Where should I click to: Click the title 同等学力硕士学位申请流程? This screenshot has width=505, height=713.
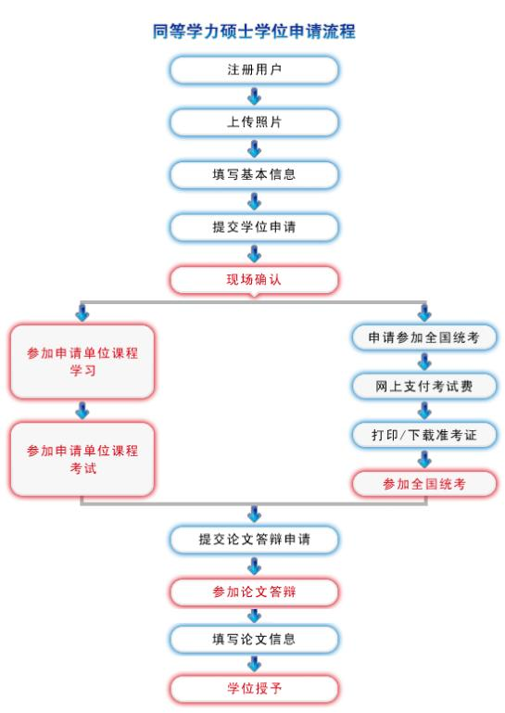click(x=253, y=32)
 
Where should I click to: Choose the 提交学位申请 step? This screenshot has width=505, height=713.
click(x=253, y=226)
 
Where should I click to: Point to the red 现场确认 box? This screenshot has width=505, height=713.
click(x=253, y=279)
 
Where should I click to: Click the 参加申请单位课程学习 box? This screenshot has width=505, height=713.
click(x=82, y=361)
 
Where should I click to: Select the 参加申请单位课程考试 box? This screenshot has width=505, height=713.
click(x=82, y=459)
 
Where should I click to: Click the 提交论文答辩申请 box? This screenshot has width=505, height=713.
click(x=253, y=538)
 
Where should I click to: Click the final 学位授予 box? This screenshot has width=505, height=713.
click(x=253, y=689)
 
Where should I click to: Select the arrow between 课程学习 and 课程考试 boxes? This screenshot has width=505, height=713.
click(x=82, y=410)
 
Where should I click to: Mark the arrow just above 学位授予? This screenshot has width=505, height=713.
click(x=254, y=664)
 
